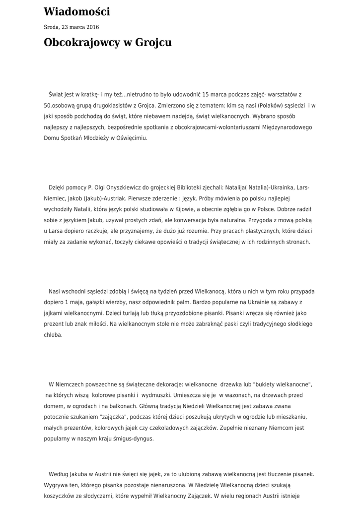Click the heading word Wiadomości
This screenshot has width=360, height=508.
pyautogui.click(x=77, y=12)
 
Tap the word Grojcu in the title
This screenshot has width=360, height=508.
pyautogui.click(x=155, y=43)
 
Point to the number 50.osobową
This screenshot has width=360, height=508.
pyautogui.click(x=60, y=105)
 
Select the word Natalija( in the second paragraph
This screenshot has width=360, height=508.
pyautogui.click(x=238, y=188)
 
